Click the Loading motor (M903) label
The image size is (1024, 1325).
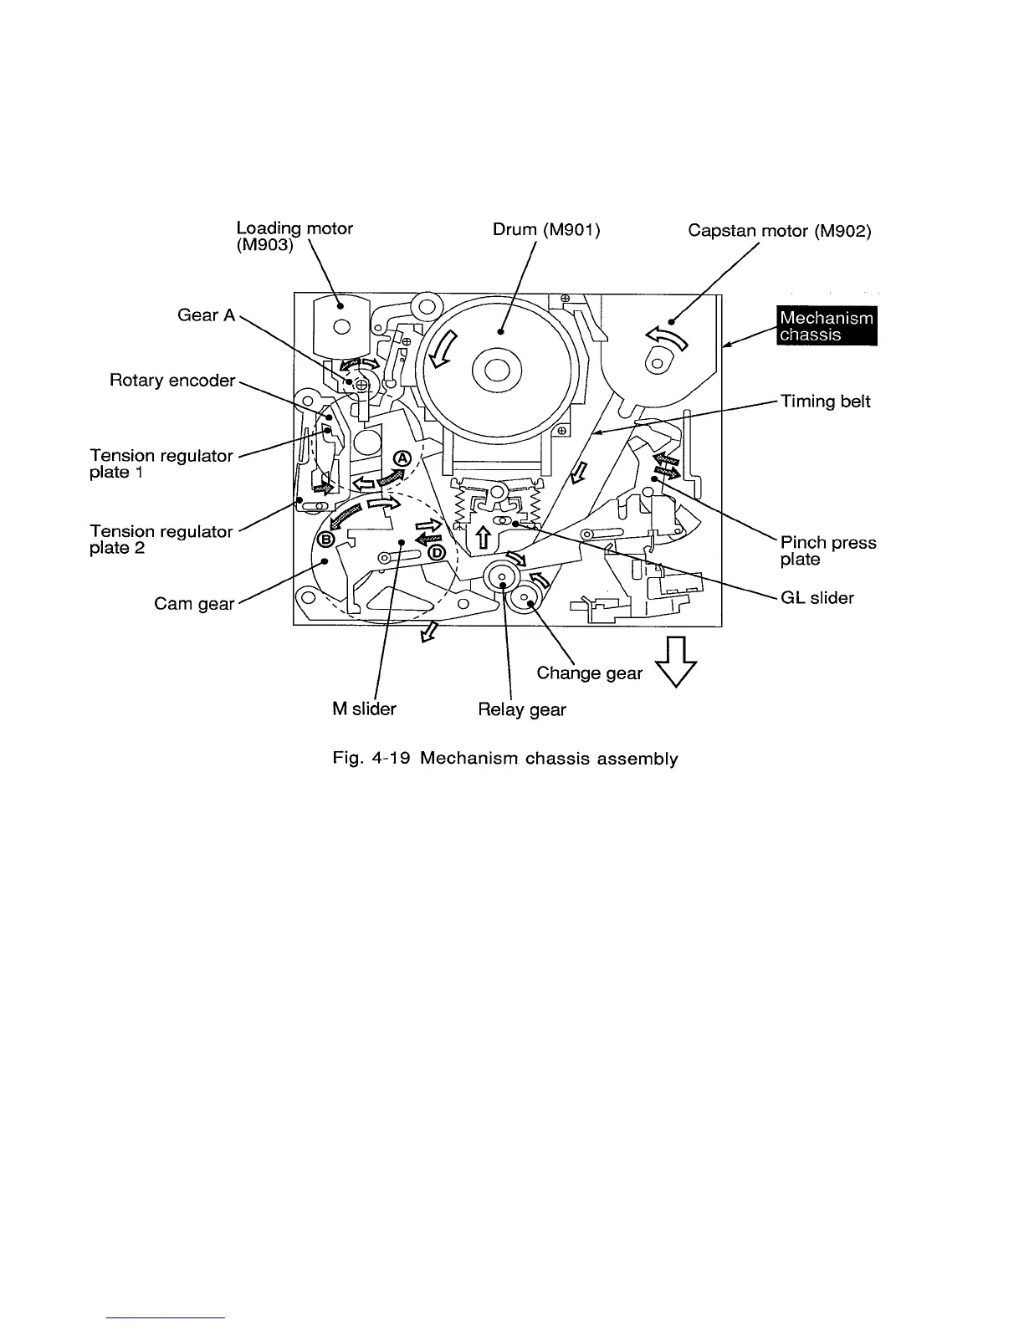(294, 237)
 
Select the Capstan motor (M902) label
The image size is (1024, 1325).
(779, 230)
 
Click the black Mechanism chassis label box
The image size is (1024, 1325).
(826, 326)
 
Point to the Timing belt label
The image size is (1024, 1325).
(825, 402)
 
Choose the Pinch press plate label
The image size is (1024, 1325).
(827, 550)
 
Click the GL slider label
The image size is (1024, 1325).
(817, 597)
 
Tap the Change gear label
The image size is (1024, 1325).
(589, 673)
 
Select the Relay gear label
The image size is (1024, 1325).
(521, 709)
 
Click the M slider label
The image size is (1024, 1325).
(364, 709)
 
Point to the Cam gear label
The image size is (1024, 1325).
(194, 603)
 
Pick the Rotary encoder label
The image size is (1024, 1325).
(172, 381)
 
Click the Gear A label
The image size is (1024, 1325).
(206, 315)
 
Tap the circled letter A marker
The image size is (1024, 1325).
(403, 458)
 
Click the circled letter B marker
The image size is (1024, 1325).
(328, 539)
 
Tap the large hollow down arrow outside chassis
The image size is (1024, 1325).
(678, 661)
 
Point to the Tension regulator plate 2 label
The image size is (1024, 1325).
(161, 540)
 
